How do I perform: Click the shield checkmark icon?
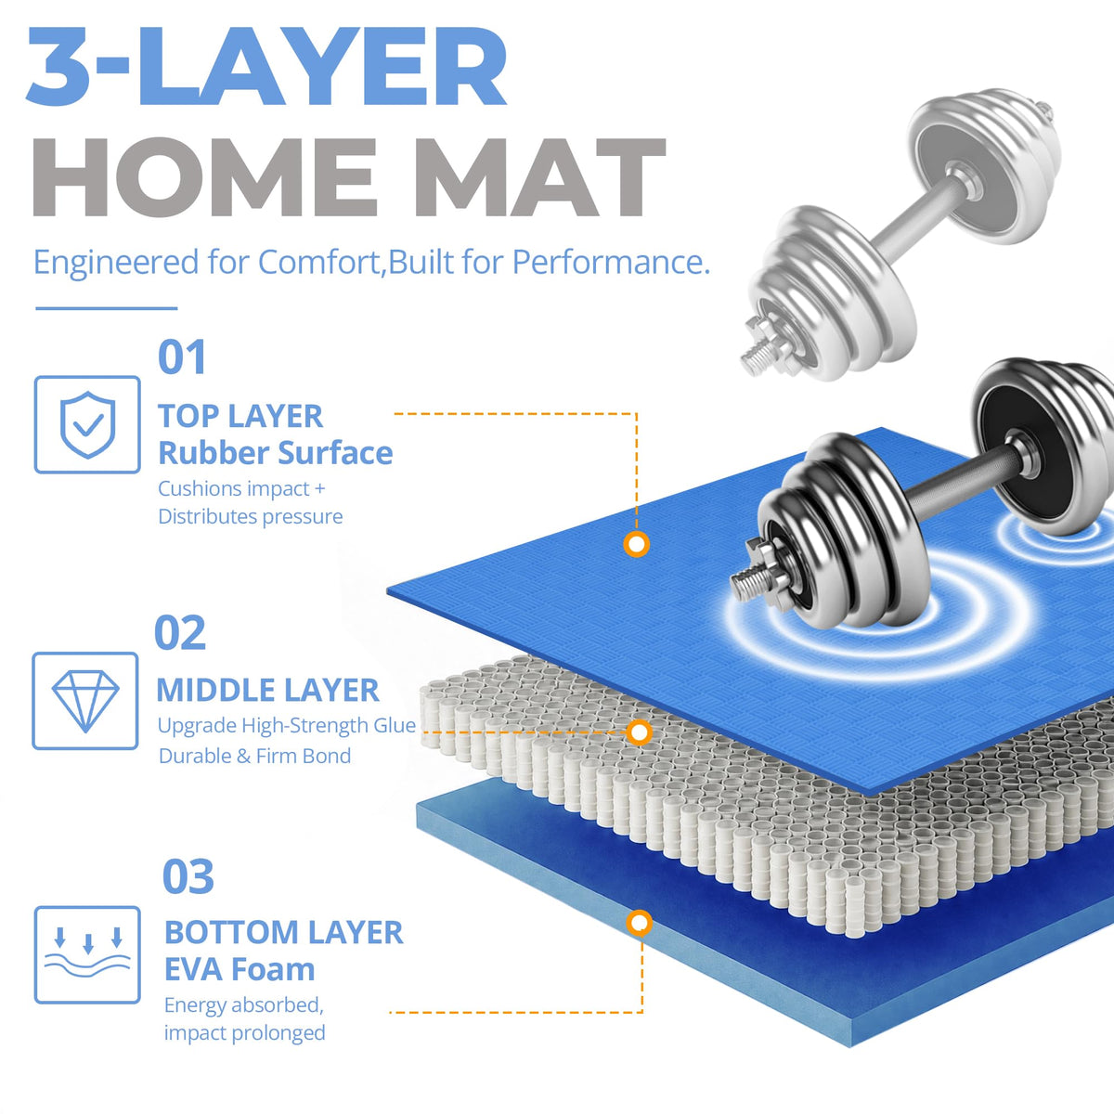(87, 425)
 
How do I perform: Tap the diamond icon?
(85, 701)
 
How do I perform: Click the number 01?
(182, 357)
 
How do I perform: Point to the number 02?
(180, 633)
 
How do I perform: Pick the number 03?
(188, 877)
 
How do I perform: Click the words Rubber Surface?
(275, 453)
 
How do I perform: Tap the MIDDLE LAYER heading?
(267, 691)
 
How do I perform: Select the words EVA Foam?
(240, 969)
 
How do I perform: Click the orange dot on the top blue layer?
(637, 545)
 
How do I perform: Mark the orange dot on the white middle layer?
(640, 732)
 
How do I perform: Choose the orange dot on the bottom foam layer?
(640, 924)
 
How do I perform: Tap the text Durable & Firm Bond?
(255, 757)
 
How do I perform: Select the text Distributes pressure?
(251, 517)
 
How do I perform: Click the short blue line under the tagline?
(107, 308)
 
